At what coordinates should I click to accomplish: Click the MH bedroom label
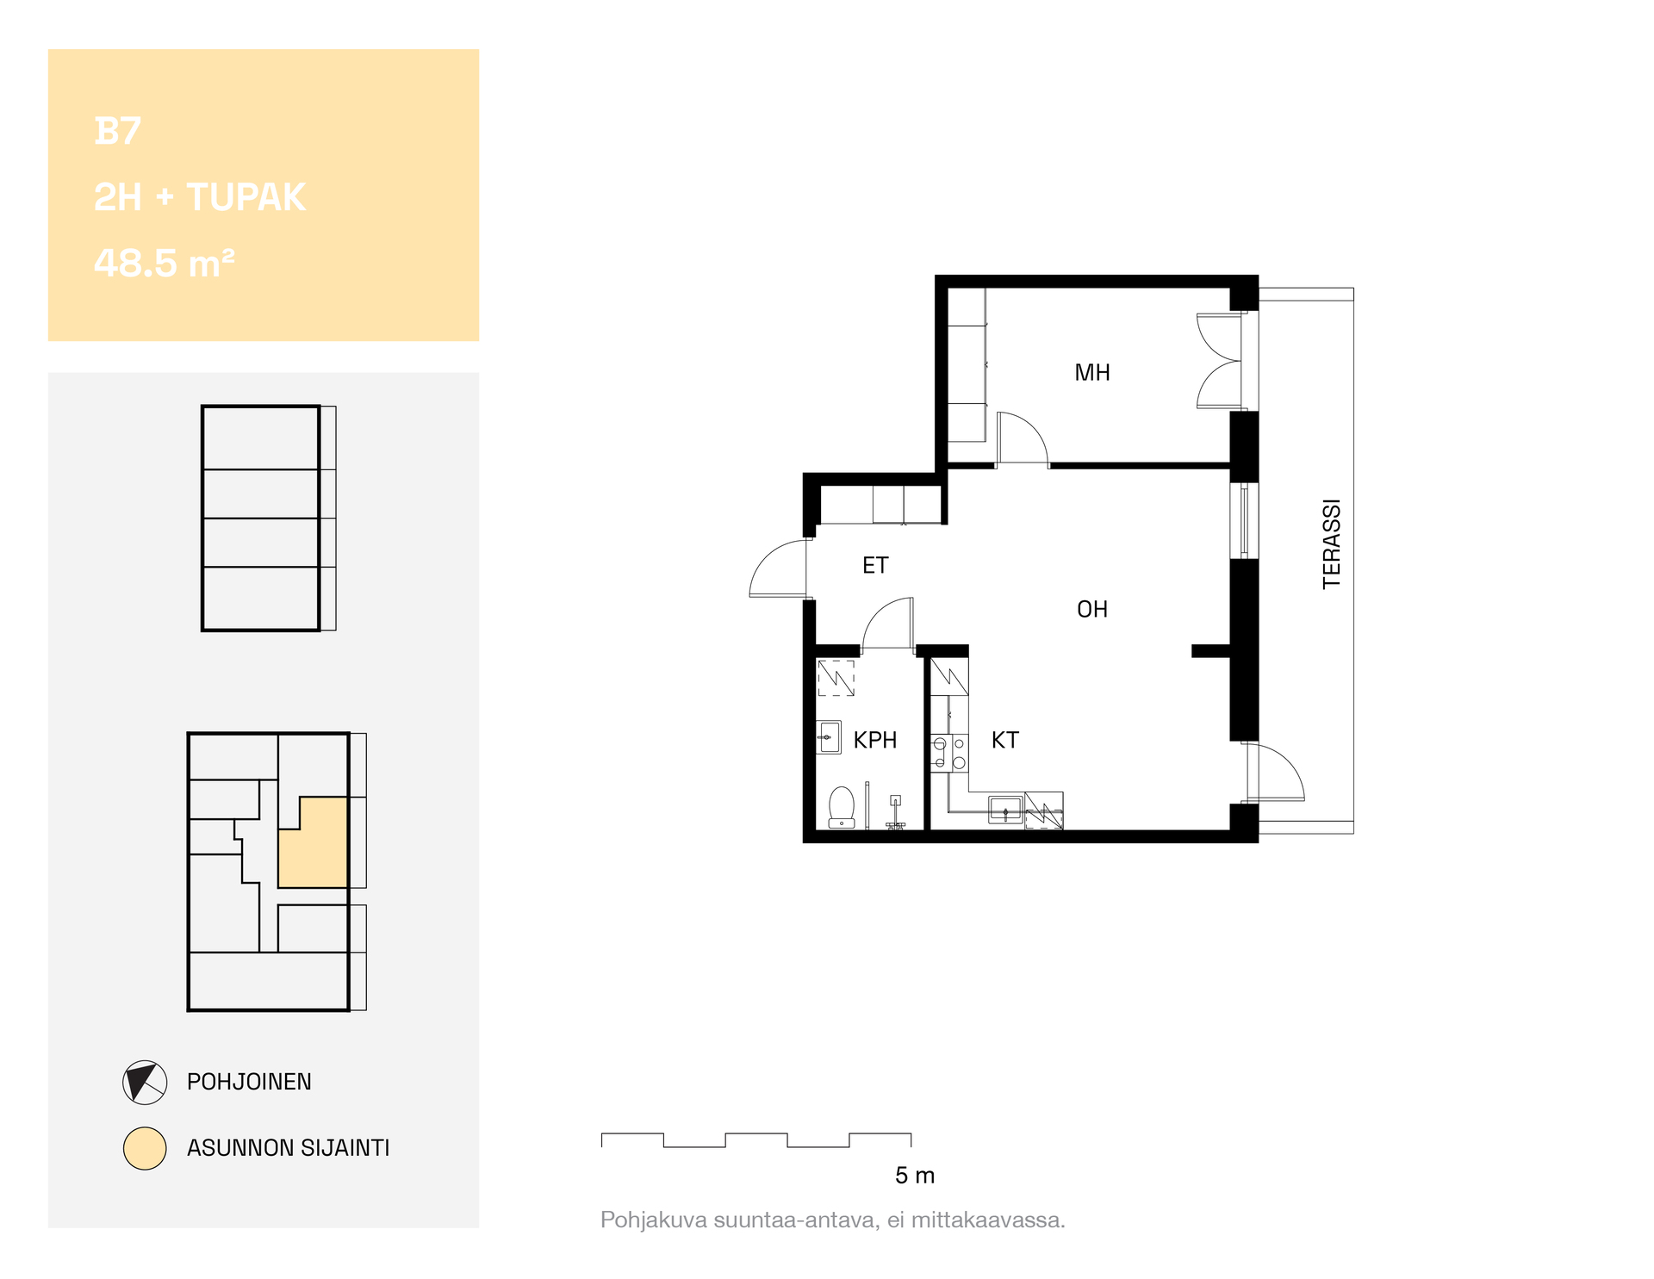[1092, 373]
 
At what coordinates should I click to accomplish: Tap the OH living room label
[1092, 610]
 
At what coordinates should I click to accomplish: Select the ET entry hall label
[875, 565]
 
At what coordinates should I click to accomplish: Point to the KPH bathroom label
[875, 740]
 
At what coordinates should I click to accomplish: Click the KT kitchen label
[1004, 740]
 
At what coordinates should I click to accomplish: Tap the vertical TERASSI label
[1332, 543]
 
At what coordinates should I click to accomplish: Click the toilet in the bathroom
[842, 807]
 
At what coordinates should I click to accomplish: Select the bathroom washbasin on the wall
[829, 737]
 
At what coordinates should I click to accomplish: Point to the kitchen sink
[1005, 810]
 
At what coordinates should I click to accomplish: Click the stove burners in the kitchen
[949, 753]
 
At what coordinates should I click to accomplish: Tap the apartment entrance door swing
[780, 568]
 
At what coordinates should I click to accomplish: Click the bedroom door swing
[1023, 438]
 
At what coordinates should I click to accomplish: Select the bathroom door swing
[888, 623]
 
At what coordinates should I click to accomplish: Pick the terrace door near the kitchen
[1275, 772]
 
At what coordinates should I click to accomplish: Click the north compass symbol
[145, 1082]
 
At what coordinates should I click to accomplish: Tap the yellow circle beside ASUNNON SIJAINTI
[145, 1148]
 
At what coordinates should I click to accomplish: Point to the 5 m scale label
[915, 1176]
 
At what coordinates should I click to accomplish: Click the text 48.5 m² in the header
[164, 263]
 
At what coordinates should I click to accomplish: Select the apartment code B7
[117, 131]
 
